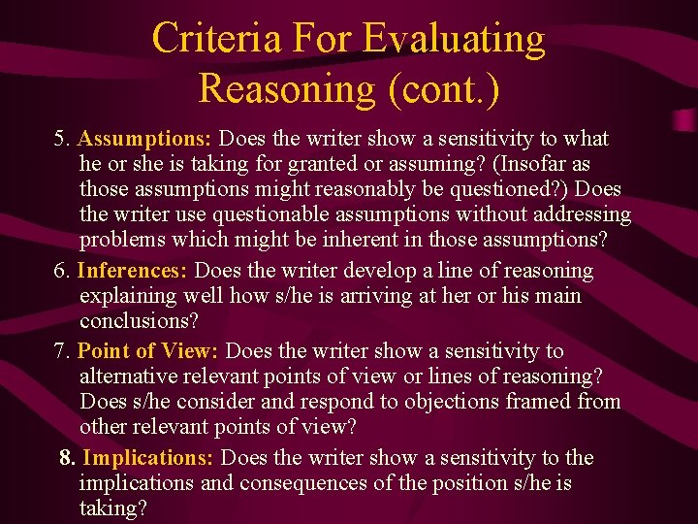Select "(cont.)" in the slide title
pos(444,88)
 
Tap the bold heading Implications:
pos(149,458)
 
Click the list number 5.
pos(61,138)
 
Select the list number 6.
pos(61,271)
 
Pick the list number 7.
pos(61,350)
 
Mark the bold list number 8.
pos(67,458)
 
